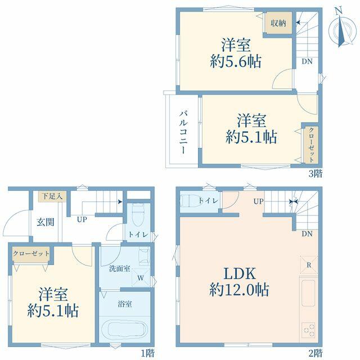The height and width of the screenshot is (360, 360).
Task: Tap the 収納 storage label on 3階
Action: tap(278, 23)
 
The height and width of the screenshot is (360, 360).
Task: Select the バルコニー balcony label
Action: tap(183, 132)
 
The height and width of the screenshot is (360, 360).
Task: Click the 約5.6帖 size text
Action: tap(236, 61)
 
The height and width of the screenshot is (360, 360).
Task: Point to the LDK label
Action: tap(240, 273)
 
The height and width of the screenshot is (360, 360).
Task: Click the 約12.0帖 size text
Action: tap(239, 290)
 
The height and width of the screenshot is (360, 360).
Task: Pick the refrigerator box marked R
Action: tap(309, 265)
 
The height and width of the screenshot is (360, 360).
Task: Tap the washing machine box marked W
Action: tap(141, 278)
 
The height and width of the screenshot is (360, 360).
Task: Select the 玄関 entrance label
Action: tap(45, 222)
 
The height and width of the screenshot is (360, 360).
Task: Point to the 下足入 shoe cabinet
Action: tap(52, 196)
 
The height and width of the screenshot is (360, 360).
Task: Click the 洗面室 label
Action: tap(119, 269)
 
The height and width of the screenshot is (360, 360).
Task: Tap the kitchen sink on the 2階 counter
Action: tap(308, 293)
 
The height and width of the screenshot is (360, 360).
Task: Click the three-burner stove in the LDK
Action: tap(308, 330)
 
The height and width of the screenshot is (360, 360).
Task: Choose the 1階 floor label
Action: tap(147, 353)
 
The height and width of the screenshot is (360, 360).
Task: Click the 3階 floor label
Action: tap(316, 174)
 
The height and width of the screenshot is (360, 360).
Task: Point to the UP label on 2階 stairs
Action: tap(259, 201)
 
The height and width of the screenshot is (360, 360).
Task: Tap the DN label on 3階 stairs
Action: tap(307, 61)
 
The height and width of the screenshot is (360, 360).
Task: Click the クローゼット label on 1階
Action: tap(31, 254)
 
